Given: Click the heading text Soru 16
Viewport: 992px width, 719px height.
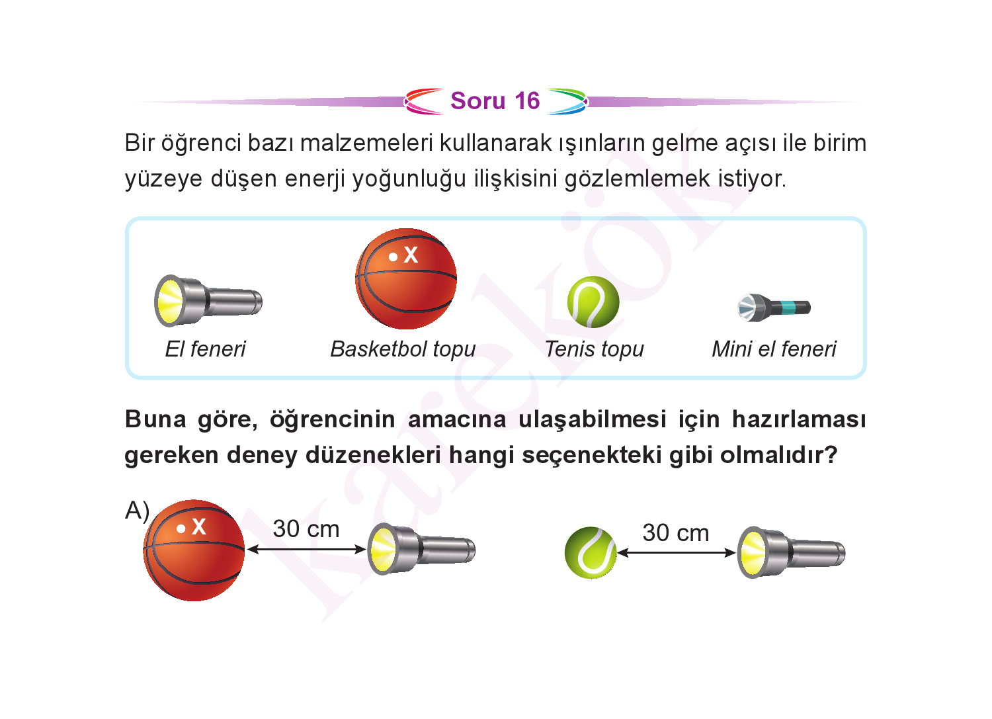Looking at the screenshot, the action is point(495,101).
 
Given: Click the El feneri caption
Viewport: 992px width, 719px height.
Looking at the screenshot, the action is point(205,349).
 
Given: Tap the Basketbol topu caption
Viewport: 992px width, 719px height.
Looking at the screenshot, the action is point(403,350).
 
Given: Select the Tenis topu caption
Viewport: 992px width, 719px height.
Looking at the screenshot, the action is point(595,350).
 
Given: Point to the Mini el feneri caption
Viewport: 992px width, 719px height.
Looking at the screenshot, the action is point(774,349).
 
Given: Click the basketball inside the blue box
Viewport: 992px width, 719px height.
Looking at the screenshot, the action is point(406,278).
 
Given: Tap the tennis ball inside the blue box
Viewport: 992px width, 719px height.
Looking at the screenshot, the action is point(593,302).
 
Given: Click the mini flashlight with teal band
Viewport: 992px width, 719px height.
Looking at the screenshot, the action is point(774,307).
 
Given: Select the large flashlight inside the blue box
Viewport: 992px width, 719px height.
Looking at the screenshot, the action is point(208,301).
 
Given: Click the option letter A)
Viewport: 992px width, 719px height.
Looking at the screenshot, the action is point(138,511).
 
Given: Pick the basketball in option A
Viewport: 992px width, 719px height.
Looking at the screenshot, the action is point(194,550).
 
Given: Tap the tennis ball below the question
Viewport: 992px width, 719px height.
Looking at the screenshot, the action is point(591,552).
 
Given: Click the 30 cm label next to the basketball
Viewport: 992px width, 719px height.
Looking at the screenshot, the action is point(306,529).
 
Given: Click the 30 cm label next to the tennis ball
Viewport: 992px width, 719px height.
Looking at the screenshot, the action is point(676,533).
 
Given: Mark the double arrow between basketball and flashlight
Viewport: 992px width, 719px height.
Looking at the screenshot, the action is point(306,550).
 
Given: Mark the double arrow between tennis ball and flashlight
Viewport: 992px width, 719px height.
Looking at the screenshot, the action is point(677,553).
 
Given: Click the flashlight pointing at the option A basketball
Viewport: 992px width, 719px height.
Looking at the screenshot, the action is point(422,549).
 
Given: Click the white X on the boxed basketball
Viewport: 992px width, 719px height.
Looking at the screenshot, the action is point(411,255).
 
